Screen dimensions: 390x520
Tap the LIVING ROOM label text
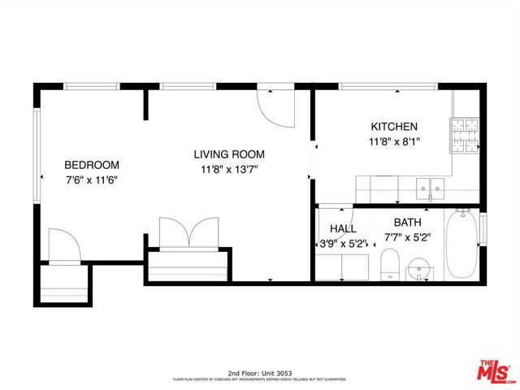tap(229, 154)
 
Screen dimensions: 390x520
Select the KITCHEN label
tap(394, 127)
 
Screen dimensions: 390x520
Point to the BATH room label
tap(408, 223)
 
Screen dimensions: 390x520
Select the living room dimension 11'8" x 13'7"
tap(229, 170)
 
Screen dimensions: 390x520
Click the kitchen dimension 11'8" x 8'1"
tap(394, 141)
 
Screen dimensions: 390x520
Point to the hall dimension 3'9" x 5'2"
tap(340, 243)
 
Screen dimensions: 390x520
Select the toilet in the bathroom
tap(389, 265)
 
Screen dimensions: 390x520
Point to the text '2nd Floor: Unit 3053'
tap(259, 370)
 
